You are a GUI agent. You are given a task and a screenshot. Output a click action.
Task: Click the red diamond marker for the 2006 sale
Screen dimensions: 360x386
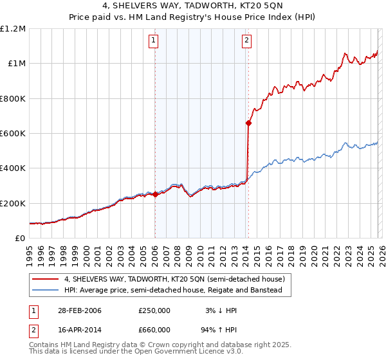[x=155, y=195]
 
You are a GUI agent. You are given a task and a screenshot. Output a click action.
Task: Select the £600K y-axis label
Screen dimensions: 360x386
[x=13, y=134]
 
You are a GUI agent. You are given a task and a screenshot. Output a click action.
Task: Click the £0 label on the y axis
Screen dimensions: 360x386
[x=19, y=239]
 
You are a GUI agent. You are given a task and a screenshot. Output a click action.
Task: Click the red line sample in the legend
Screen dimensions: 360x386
[x=46, y=280]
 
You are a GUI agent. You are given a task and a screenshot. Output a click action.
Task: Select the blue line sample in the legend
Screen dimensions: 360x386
[x=46, y=290]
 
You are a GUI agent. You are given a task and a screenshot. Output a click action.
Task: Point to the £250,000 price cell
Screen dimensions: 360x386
[x=154, y=310]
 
